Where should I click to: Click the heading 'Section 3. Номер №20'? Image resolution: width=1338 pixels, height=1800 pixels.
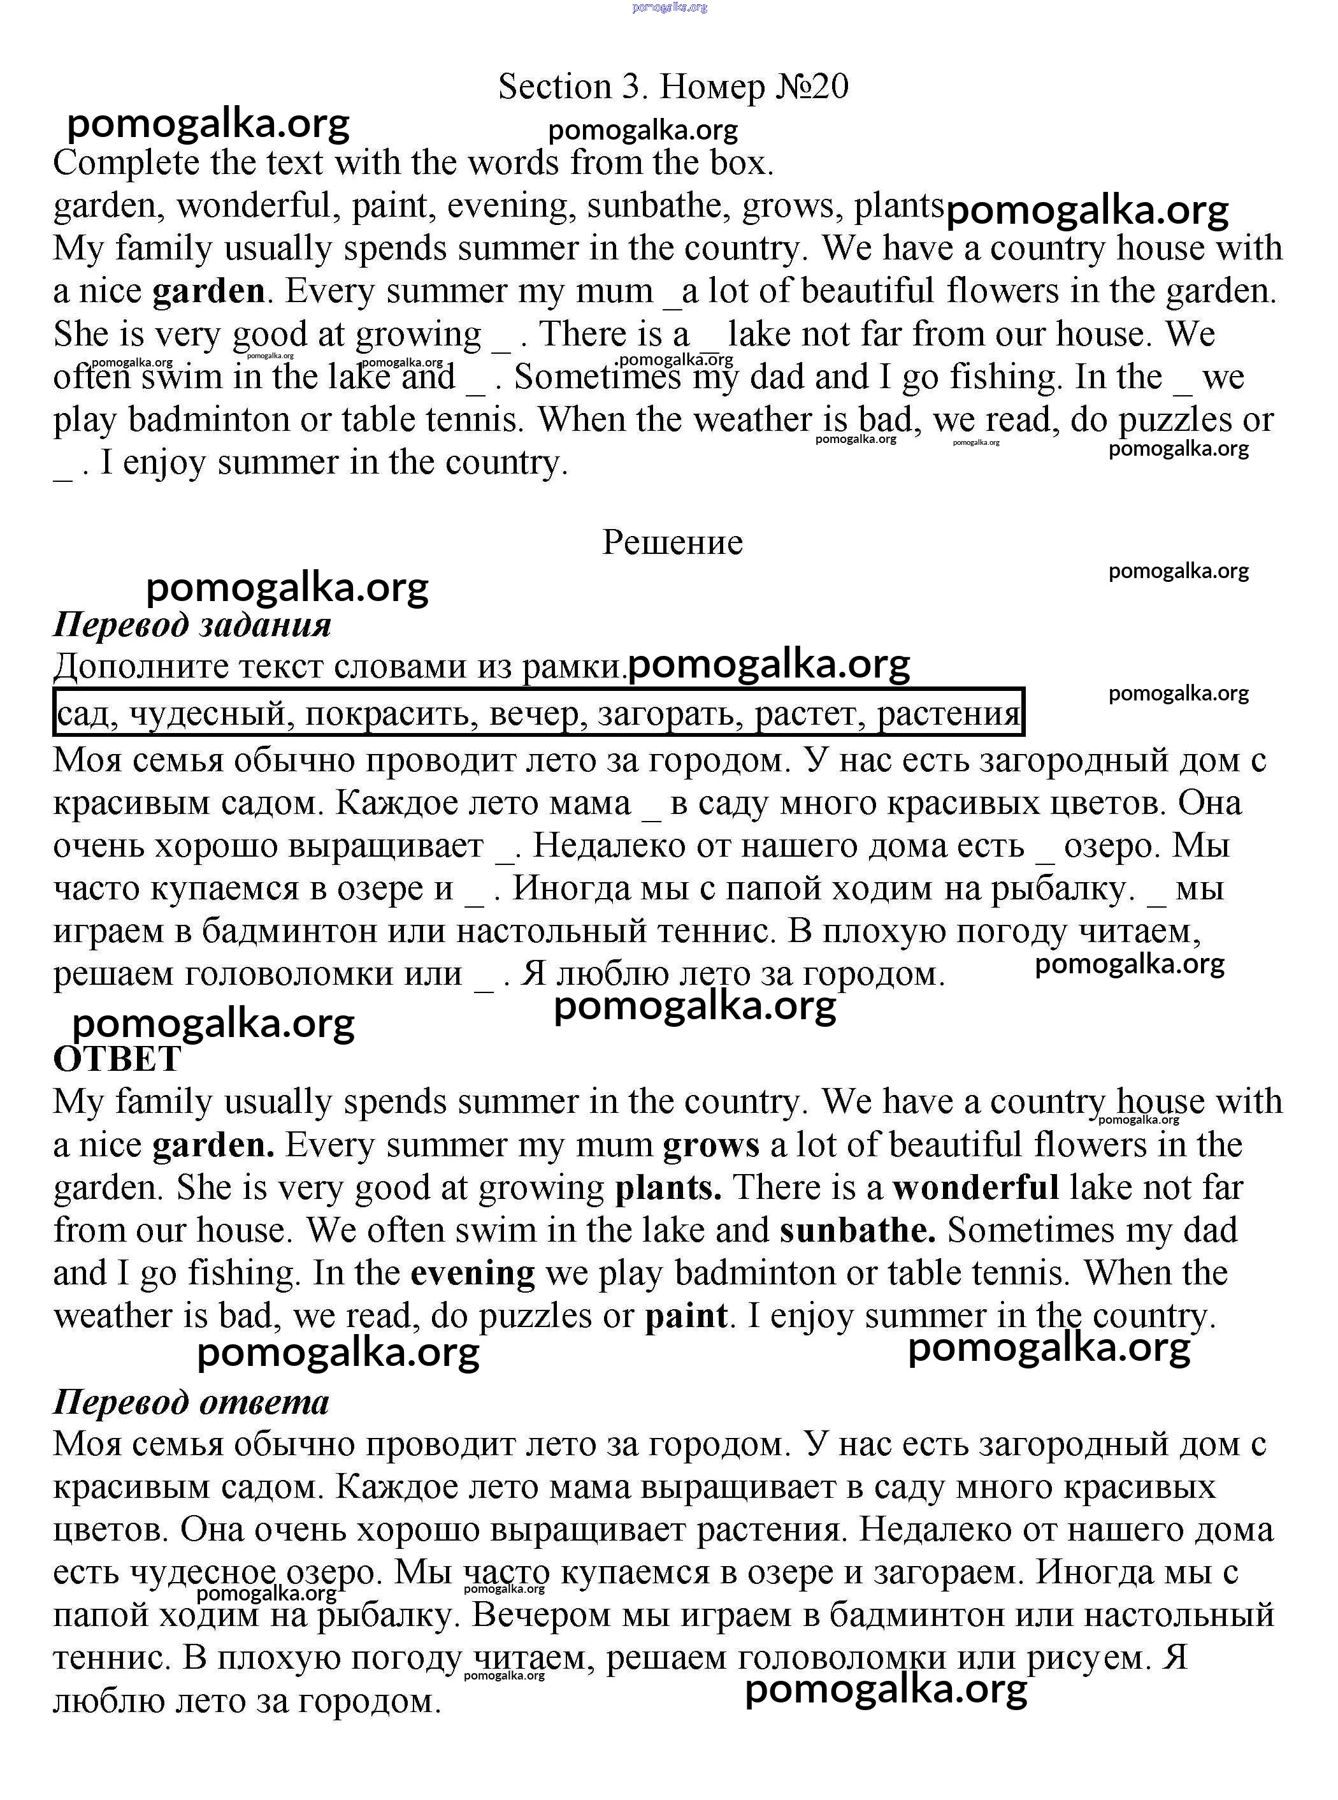coord(673,87)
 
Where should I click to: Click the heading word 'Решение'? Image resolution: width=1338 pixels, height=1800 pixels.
coord(672,542)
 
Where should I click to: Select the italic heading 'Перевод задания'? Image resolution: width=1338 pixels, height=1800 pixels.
coord(192,625)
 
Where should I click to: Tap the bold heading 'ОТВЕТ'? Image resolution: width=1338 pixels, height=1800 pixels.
coord(117,1059)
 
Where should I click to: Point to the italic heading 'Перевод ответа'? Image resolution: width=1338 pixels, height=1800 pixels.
coord(191,1402)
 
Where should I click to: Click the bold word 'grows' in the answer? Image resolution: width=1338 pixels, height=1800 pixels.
coord(710,1145)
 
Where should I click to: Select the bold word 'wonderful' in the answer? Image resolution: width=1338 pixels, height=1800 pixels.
coord(976,1187)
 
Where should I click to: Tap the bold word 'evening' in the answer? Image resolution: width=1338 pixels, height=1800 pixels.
coord(473,1273)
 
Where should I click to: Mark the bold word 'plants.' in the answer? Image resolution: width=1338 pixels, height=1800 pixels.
coord(668,1187)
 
